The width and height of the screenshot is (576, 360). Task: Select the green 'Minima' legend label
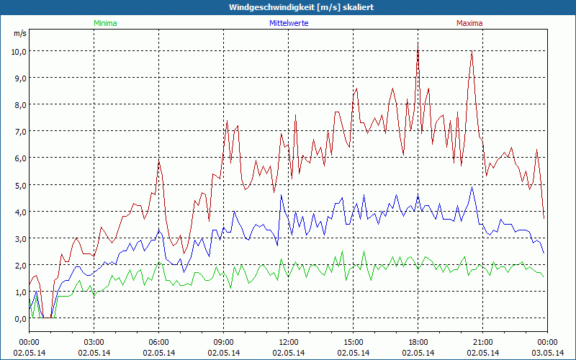[105, 23]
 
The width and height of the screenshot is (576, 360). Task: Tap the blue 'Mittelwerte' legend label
[289, 23]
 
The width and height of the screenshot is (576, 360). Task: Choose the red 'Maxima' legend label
[469, 23]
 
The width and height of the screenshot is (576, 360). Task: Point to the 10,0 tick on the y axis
[18, 51]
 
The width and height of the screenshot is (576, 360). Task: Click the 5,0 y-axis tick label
[18, 185]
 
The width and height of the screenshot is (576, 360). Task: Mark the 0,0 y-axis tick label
[18, 318]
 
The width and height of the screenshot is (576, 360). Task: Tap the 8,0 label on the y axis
[18, 105]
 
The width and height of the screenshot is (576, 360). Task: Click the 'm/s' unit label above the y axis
[19, 34]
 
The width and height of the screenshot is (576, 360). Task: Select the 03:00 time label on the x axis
[94, 341]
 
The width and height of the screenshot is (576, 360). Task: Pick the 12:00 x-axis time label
[289, 341]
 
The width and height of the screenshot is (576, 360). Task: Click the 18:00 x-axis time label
[418, 341]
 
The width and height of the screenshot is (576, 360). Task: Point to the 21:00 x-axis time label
[483, 341]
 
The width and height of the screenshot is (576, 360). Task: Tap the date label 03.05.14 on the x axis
[547, 353]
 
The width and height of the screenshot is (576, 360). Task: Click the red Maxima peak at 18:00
[418, 42]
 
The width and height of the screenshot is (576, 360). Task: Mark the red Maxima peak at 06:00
[159, 162]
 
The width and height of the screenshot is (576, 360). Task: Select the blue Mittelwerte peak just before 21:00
[472, 188]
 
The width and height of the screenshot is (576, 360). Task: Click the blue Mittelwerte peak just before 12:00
[282, 195]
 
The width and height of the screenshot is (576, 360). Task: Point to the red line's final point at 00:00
[544, 217]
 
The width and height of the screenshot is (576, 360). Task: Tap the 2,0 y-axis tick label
[18, 265]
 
